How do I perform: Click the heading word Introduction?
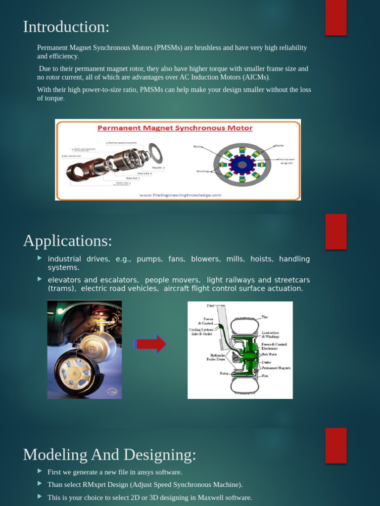tap(65, 27)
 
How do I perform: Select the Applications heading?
tap(67, 241)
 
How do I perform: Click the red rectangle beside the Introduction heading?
tap(335, 18)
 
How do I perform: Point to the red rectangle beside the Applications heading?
tap(335, 231)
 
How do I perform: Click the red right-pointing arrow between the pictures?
tap(150, 344)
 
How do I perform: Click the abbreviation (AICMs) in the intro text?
tap(256, 78)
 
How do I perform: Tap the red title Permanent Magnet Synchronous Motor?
tap(175, 128)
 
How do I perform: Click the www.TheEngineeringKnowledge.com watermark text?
tap(180, 195)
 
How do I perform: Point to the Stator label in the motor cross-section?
tap(279, 146)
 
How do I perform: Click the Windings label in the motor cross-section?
tap(203, 171)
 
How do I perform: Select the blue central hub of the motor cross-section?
tap(242, 165)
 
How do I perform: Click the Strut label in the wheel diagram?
tap(210, 306)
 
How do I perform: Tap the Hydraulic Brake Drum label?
tap(216, 357)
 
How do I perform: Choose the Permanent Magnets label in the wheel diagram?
tap(276, 368)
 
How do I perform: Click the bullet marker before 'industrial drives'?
tap(40, 258)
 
